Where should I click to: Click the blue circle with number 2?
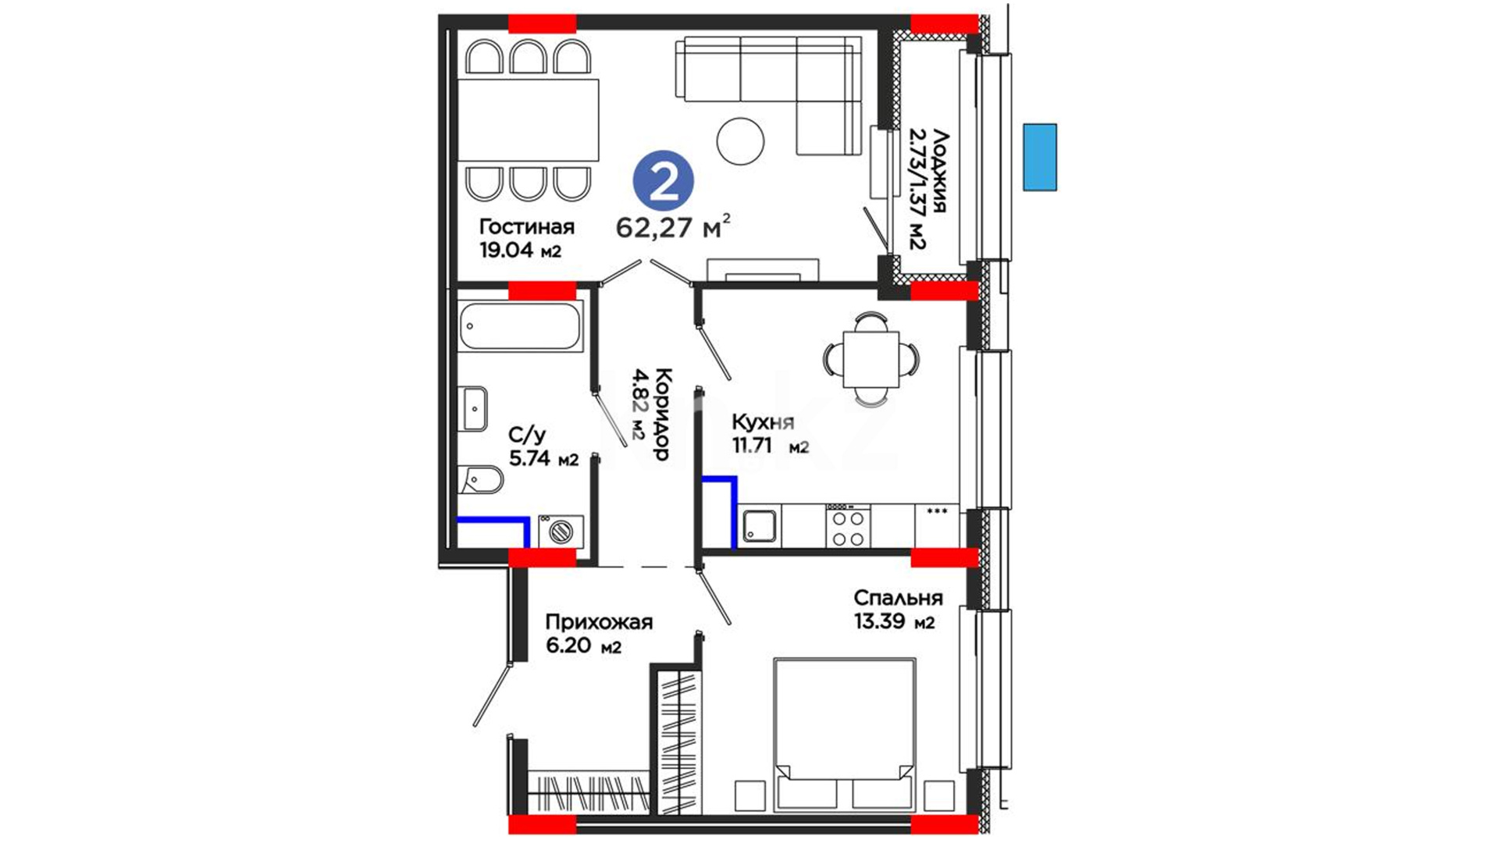[x=663, y=181]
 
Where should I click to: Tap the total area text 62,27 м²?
[x=674, y=226]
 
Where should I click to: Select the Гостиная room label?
[x=527, y=226]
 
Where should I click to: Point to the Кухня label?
[x=763, y=422]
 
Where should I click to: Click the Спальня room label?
[x=898, y=598]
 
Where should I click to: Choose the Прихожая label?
[x=599, y=622]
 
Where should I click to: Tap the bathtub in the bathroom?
[x=521, y=326]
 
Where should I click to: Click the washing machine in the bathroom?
[x=561, y=532]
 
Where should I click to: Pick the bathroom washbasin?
[x=475, y=408]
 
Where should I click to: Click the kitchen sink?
[x=760, y=525]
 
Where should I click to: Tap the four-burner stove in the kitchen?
[x=848, y=526]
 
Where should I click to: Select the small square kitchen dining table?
[x=871, y=359]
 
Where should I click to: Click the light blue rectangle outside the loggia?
[x=1040, y=157]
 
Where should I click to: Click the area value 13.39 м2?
[x=895, y=622]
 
